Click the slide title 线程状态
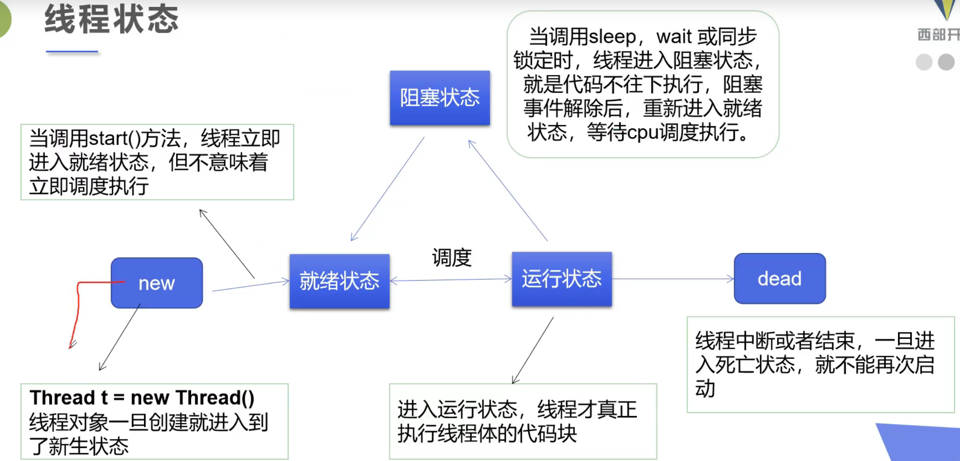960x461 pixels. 111,20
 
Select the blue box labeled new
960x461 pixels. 157,283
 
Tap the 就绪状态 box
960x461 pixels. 339,281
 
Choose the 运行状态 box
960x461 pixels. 562,279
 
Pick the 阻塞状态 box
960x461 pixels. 440,98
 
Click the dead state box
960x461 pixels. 780,279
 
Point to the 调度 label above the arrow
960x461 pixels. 451,258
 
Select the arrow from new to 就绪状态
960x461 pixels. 251,286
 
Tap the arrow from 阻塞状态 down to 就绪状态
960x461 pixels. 387,189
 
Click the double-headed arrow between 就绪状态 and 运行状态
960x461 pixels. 450,280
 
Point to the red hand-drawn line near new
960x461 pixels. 78,308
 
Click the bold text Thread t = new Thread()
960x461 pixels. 142,398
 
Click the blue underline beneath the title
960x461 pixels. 72,52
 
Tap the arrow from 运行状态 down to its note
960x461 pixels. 533,350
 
